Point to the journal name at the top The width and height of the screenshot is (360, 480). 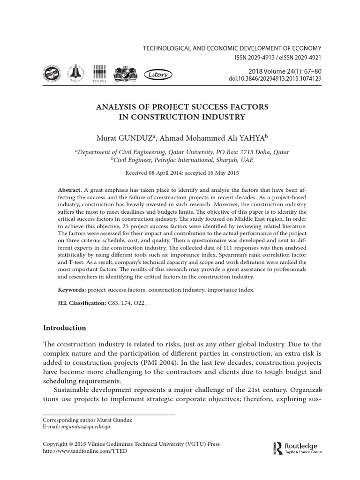click(232, 49)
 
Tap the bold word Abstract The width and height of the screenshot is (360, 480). click(69, 190)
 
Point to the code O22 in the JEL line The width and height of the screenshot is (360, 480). click(139, 304)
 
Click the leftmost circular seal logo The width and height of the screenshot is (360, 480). click(52, 74)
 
